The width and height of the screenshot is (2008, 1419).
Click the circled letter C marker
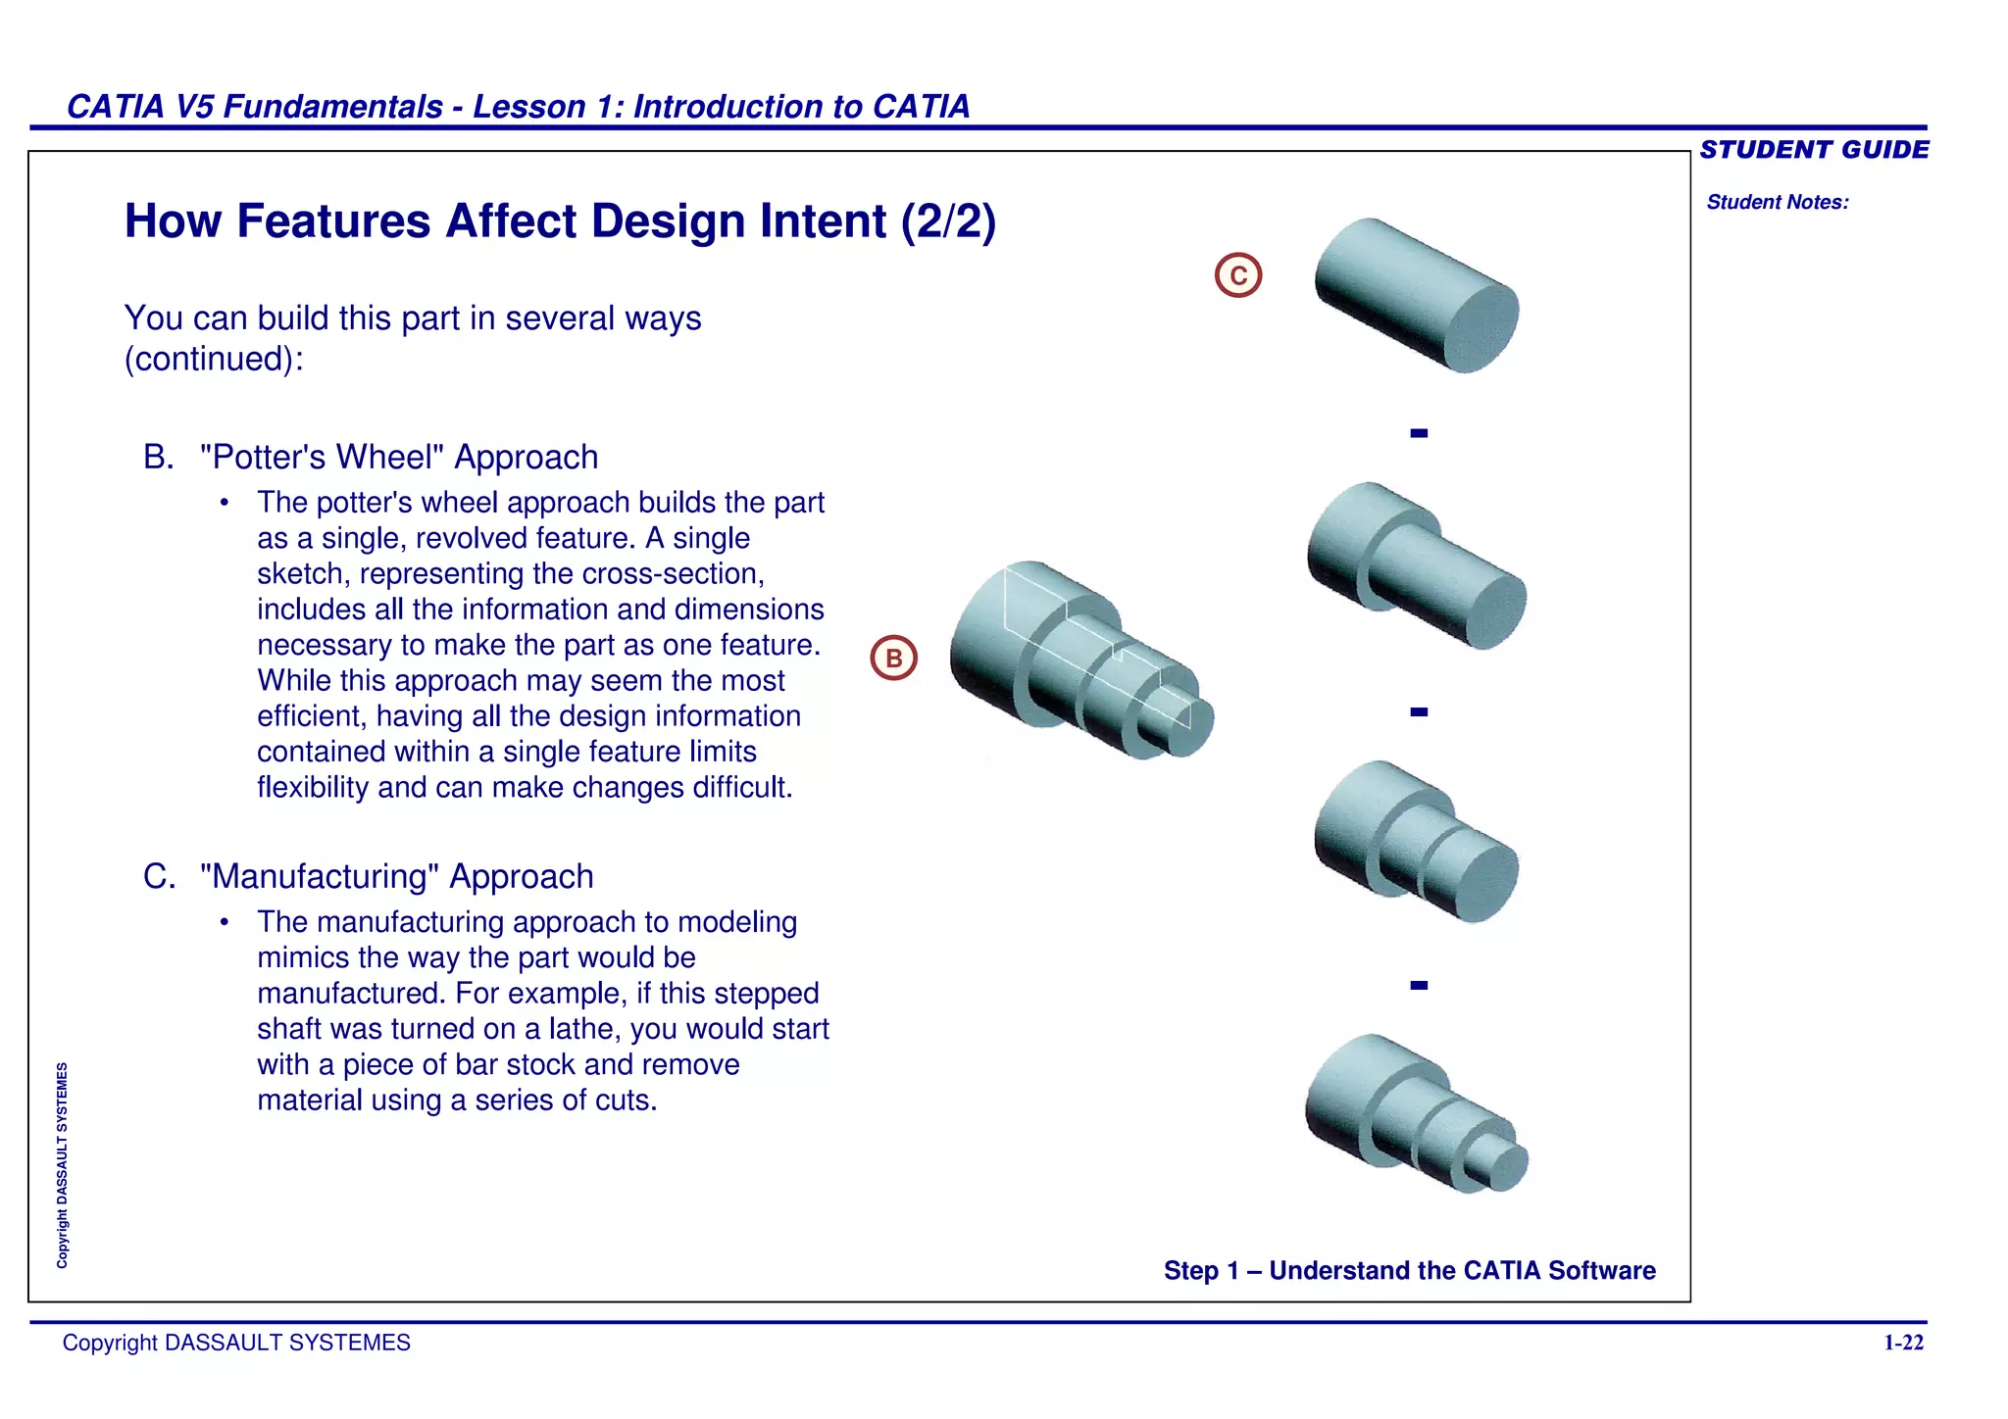[x=1237, y=275]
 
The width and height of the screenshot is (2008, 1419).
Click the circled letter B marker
[x=893, y=658]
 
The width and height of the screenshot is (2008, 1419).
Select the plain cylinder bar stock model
[x=1416, y=295]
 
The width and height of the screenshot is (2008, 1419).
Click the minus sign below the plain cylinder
[x=1419, y=433]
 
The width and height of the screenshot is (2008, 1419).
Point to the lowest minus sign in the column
[x=1419, y=986]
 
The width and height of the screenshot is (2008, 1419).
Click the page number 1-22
[x=1903, y=1343]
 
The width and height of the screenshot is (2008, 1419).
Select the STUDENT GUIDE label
[x=1813, y=150]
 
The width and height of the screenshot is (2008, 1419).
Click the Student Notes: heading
[x=1777, y=203]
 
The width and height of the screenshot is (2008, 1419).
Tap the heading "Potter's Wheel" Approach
[x=398, y=458]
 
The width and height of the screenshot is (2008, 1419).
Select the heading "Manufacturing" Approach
[x=396, y=877]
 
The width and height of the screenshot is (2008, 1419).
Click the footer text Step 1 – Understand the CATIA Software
[x=1409, y=1271]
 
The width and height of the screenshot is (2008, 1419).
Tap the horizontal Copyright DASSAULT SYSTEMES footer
[x=236, y=1343]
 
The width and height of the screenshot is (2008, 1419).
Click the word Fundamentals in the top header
[x=333, y=107]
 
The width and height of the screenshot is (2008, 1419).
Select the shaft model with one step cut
[x=1416, y=565]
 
